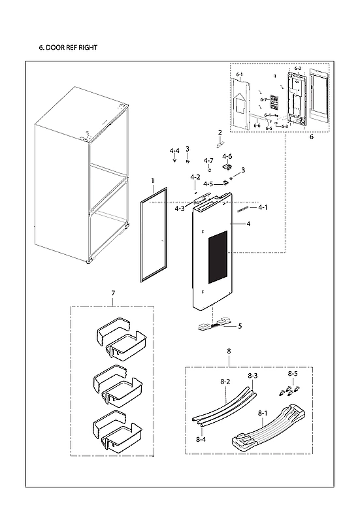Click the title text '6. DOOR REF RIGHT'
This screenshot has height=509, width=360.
(x=69, y=48)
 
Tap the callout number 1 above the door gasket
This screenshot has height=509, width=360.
(x=152, y=180)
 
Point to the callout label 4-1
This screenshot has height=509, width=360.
(x=263, y=208)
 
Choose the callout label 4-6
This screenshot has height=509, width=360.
(x=227, y=156)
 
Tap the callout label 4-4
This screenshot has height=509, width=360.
(x=174, y=151)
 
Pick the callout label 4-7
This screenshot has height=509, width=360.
(x=208, y=161)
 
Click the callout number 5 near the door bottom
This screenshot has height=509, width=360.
(x=240, y=325)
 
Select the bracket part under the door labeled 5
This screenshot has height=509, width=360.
(x=214, y=323)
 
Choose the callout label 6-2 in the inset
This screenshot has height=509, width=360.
(x=298, y=69)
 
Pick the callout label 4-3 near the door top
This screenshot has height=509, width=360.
(x=179, y=208)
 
